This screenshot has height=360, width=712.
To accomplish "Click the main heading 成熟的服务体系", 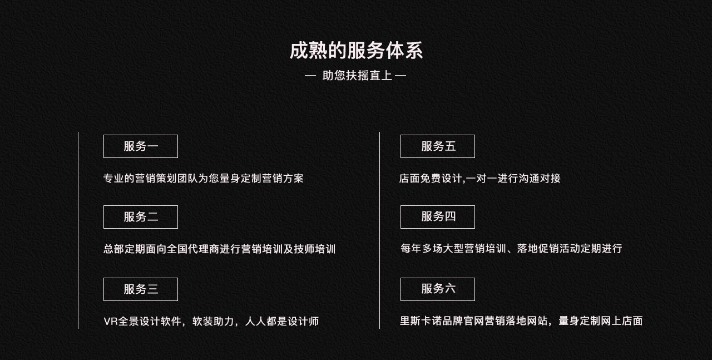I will pyautogui.click(x=356, y=51).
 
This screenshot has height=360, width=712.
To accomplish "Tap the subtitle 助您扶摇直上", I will pyautogui.click(x=357, y=76).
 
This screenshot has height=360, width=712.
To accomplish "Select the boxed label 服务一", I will pyautogui.click(x=141, y=146).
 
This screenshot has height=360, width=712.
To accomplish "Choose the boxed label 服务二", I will pyautogui.click(x=141, y=217).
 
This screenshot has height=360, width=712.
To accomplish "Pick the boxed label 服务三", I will pyautogui.click(x=141, y=289).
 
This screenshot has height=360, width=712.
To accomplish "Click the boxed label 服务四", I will pyautogui.click(x=438, y=217).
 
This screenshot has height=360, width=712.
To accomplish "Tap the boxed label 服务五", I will pyautogui.click(x=438, y=146).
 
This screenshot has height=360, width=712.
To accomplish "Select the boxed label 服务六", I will pyautogui.click(x=438, y=289).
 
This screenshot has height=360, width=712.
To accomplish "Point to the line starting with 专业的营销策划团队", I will pyautogui.click(x=204, y=179).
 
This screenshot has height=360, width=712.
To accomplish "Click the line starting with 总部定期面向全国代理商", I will pyautogui.click(x=220, y=249).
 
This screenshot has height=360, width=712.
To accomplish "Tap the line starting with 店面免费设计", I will pyautogui.click(x=479, y=179).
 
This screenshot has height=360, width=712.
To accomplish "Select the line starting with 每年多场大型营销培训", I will pyautogui.click(x=511, y=249).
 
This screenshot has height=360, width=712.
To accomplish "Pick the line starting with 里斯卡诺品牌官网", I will pyautogui.click(x=521, y=321).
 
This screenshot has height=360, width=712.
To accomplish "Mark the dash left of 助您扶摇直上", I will pyautogui.click(x=310, y=76).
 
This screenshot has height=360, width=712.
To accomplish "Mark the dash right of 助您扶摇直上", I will pyautogui.click(x=400, y=76).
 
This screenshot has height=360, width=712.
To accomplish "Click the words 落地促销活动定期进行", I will pyautogui.click(x=570, y=249).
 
